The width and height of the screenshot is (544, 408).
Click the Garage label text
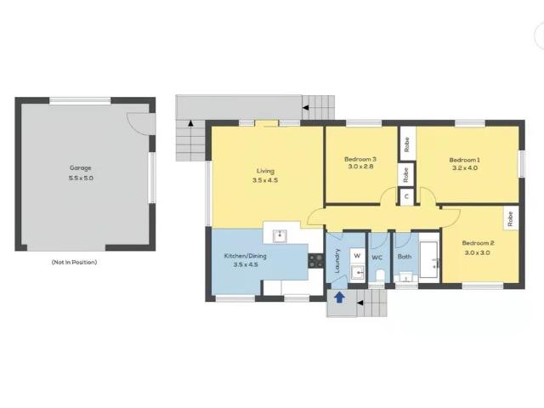pyautogui.click(x=81, y=168)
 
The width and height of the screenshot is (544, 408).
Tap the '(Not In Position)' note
pyautogui.click(x=74, y=262)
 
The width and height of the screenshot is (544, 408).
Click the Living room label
pyautogui.click(x=266, y=170)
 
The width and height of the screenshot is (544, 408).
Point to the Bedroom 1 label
pyautogui.click(x=465, y=159)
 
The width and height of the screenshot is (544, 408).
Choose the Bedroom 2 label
pyautogui.click(x=479, y=242)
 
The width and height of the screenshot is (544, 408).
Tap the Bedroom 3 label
pyautogui.click(x=360, y=159)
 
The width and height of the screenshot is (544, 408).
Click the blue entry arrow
pyautogui.click(x=339, y=297)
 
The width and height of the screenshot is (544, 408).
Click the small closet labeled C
pyautogui.click(x=407, y=196)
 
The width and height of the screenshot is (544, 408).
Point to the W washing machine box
pyautogui.click(x=357, y=255)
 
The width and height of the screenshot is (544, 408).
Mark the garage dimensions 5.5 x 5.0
pyautogui.click(x=81, y=178)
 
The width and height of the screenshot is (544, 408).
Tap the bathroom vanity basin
pyautogui.click(x=405, y=275)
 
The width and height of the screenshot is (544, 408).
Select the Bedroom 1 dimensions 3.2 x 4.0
pyautogui.click(x=465, y=168)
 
